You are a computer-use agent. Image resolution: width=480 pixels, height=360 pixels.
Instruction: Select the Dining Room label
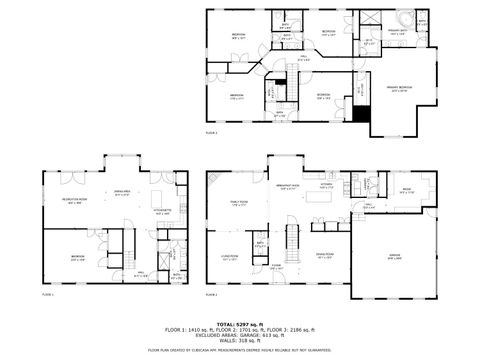(x=323, y=254)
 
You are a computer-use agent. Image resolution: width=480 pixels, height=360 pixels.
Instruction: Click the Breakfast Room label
(x=289, y=186)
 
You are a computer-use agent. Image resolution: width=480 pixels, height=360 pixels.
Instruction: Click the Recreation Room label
(x=71, y=200)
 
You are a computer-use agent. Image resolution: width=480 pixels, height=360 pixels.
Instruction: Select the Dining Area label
(x=123, y=193)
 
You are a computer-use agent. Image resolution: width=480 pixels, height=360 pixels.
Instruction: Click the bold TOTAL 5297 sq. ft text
(x=240, y=324)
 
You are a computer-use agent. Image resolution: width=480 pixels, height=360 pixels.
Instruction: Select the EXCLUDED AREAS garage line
(x=240, y=335)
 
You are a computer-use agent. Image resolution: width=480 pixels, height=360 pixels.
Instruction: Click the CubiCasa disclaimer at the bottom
(x=240, y=351)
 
